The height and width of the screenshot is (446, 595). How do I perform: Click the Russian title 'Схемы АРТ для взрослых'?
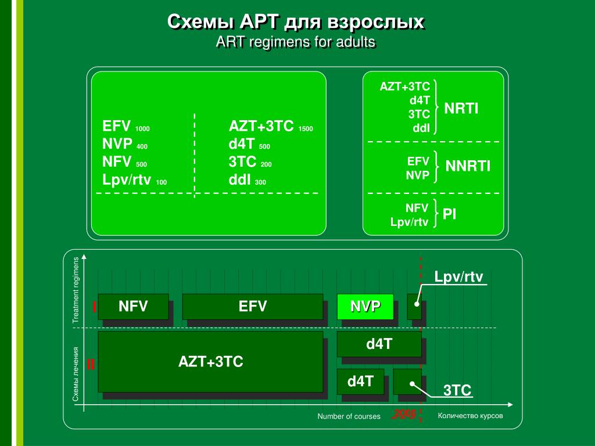point(296,23)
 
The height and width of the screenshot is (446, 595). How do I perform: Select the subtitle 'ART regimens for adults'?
point(296,42)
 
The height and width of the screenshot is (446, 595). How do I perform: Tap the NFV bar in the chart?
point(133,306)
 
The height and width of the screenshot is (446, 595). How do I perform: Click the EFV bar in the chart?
point(253,306)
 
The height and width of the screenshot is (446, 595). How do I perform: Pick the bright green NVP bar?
point(365,306)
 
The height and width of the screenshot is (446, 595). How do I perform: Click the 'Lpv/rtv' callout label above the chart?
point(459,277)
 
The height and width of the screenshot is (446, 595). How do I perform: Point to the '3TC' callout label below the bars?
point(457,390)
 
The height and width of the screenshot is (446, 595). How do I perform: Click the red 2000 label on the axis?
point(404,414)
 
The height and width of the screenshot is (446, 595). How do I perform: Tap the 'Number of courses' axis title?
point(349,416)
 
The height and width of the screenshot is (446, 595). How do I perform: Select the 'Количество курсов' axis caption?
point(470,416)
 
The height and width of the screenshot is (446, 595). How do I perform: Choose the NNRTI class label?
point(468,167)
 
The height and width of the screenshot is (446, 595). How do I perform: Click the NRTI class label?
point(461,108)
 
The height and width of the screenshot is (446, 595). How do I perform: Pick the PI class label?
point(449,214)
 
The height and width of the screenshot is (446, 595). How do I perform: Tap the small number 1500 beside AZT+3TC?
point(306,129)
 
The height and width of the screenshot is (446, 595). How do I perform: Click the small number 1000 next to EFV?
point(142,129)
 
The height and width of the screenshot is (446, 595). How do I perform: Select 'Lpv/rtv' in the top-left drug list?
point(127,180)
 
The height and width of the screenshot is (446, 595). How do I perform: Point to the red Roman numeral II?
point(91,365)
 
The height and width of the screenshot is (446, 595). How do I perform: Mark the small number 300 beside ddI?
point(260,182)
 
